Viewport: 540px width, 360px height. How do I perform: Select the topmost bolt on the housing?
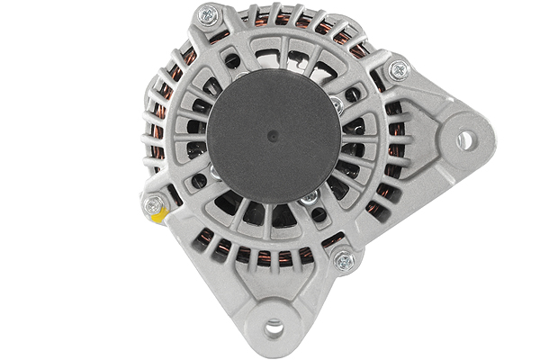[x=209, y=14]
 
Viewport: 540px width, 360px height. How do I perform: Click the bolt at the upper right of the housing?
[x=397, y=68]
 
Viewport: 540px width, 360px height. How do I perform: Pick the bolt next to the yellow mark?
[x=154, y=204]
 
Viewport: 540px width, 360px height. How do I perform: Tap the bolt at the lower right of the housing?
[x=343, y=261]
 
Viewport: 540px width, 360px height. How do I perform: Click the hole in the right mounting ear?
[x=465, y=139]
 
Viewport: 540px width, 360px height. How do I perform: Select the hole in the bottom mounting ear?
[x=274, y=328]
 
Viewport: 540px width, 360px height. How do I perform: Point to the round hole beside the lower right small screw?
[x=319, y=215]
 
